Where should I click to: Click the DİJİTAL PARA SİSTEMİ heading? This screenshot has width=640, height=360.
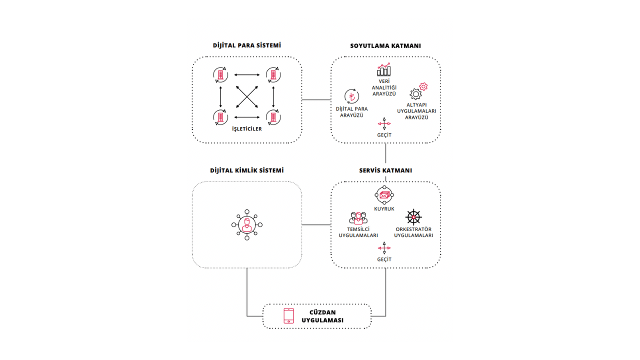click(247, 45)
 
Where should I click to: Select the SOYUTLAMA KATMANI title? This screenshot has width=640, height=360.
click(385, 45)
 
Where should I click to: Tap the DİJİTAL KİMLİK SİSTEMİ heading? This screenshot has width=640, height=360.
click(247, 170)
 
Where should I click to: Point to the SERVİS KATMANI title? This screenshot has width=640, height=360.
click(385, 170)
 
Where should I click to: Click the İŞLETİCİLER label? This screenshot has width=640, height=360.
click(246, 129)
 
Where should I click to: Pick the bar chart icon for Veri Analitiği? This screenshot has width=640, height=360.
click(384, 69)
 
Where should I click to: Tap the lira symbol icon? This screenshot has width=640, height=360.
click(351, 97)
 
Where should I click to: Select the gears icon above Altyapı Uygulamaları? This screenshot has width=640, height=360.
click(418, 91)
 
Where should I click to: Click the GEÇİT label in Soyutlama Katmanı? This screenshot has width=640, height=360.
click(384, 135)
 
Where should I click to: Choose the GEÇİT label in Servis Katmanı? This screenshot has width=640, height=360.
click(384, 259)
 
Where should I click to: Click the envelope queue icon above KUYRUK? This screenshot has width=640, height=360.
click(384, 195)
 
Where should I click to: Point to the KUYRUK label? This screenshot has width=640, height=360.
click(384, 208)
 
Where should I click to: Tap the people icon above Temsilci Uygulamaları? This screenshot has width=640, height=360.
click(358, 217)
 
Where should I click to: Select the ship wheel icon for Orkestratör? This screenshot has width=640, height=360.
click(413, 217)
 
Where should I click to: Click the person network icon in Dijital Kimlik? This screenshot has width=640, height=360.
click(247, 225)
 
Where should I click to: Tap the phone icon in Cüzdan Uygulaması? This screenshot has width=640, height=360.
click(289, 316)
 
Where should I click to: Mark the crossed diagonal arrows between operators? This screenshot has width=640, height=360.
click(246, 96)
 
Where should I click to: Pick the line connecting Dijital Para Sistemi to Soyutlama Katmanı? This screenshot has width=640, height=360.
click(316, 99)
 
